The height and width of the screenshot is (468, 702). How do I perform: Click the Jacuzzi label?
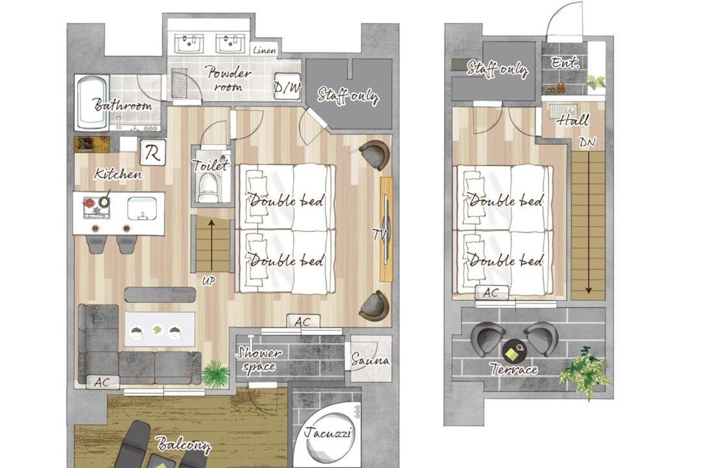click(328, 433)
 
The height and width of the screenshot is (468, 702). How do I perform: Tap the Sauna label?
click(370, 359)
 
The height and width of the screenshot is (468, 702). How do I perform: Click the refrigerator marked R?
click(153, 152)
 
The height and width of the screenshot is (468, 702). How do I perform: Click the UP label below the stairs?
click(209, 281)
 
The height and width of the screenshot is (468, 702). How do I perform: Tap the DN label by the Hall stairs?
click(587, 142)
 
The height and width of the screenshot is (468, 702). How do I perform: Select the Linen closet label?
click(264, 50)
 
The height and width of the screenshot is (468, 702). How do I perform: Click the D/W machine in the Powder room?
click(287, 86)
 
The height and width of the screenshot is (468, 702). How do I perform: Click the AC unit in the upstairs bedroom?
click(491, 293)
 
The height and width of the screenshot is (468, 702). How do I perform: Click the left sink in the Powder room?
click(189, 44)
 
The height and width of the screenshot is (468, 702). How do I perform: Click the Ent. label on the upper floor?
click(565, 62)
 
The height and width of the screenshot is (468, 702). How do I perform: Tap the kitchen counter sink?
click(142, 209)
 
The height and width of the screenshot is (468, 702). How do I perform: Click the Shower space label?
click(259, 360)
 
